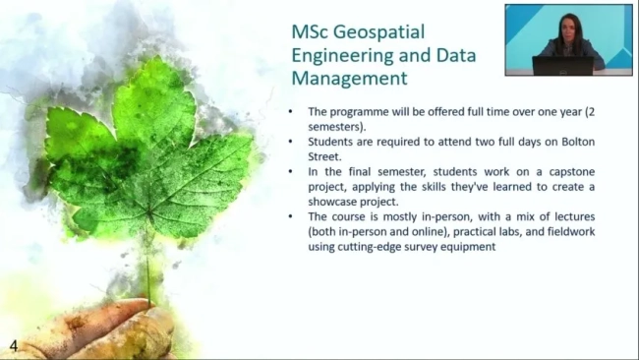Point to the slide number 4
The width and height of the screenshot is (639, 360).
[x=13, y=345]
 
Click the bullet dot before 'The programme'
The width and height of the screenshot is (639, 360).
[x=292, y=111]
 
